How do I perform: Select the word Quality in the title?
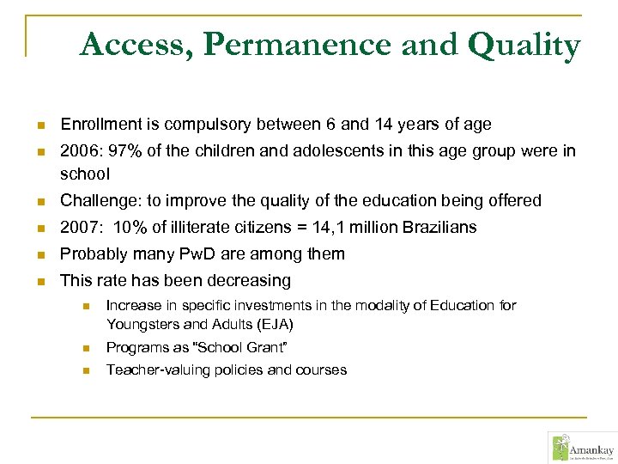pyautogui.click(x=524, y=45)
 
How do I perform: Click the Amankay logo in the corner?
pyautogui.click(x=579, y=447)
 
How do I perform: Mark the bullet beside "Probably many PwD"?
pyautogui.click(x=39, y=255)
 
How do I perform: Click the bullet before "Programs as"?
pyautogui.click(x=86, y=348)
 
